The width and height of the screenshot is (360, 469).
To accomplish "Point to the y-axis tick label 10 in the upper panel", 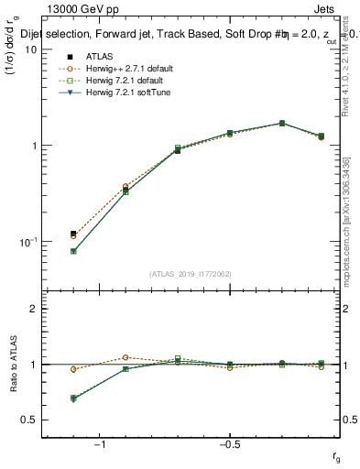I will tap(30, 49).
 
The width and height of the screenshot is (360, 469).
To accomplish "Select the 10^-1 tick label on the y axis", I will tap(28, 241).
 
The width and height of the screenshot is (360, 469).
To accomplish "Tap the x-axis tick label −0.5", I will tap(229, 446).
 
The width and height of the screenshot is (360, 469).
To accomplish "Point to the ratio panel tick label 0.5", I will tap(28, 420).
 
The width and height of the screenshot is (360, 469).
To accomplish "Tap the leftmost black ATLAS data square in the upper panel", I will tap(73, 234).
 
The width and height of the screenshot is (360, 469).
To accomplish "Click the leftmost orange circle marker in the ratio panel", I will tap(73, 369).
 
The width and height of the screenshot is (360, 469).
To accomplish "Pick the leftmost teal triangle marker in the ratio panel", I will tap(73, 399).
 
